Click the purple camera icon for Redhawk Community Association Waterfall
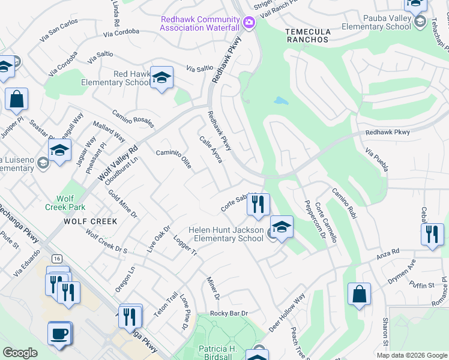pyautogui.click(x=249, y=23)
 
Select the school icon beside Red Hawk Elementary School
pyautogui.click(x=161, y=78)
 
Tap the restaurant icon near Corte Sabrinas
pyautogui.click(x=258, y=205)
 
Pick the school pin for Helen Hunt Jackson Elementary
pyautogui.click(x=281, y=227)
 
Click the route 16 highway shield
pyautogui.click(x=56, y=258)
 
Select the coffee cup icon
pyautogui.click(x=59, y=333)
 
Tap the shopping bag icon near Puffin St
pyautogui.click(x=359, y=295)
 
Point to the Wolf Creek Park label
pyautogui.click(x=65, y=202)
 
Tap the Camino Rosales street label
pyautogui.click(x=133, y=119)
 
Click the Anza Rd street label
pyautogui.click(x=388, y=251)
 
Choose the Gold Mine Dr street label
pyautogui.click(x=123, y=204)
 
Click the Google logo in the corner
pyautogui.click(x=20, y=353)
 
